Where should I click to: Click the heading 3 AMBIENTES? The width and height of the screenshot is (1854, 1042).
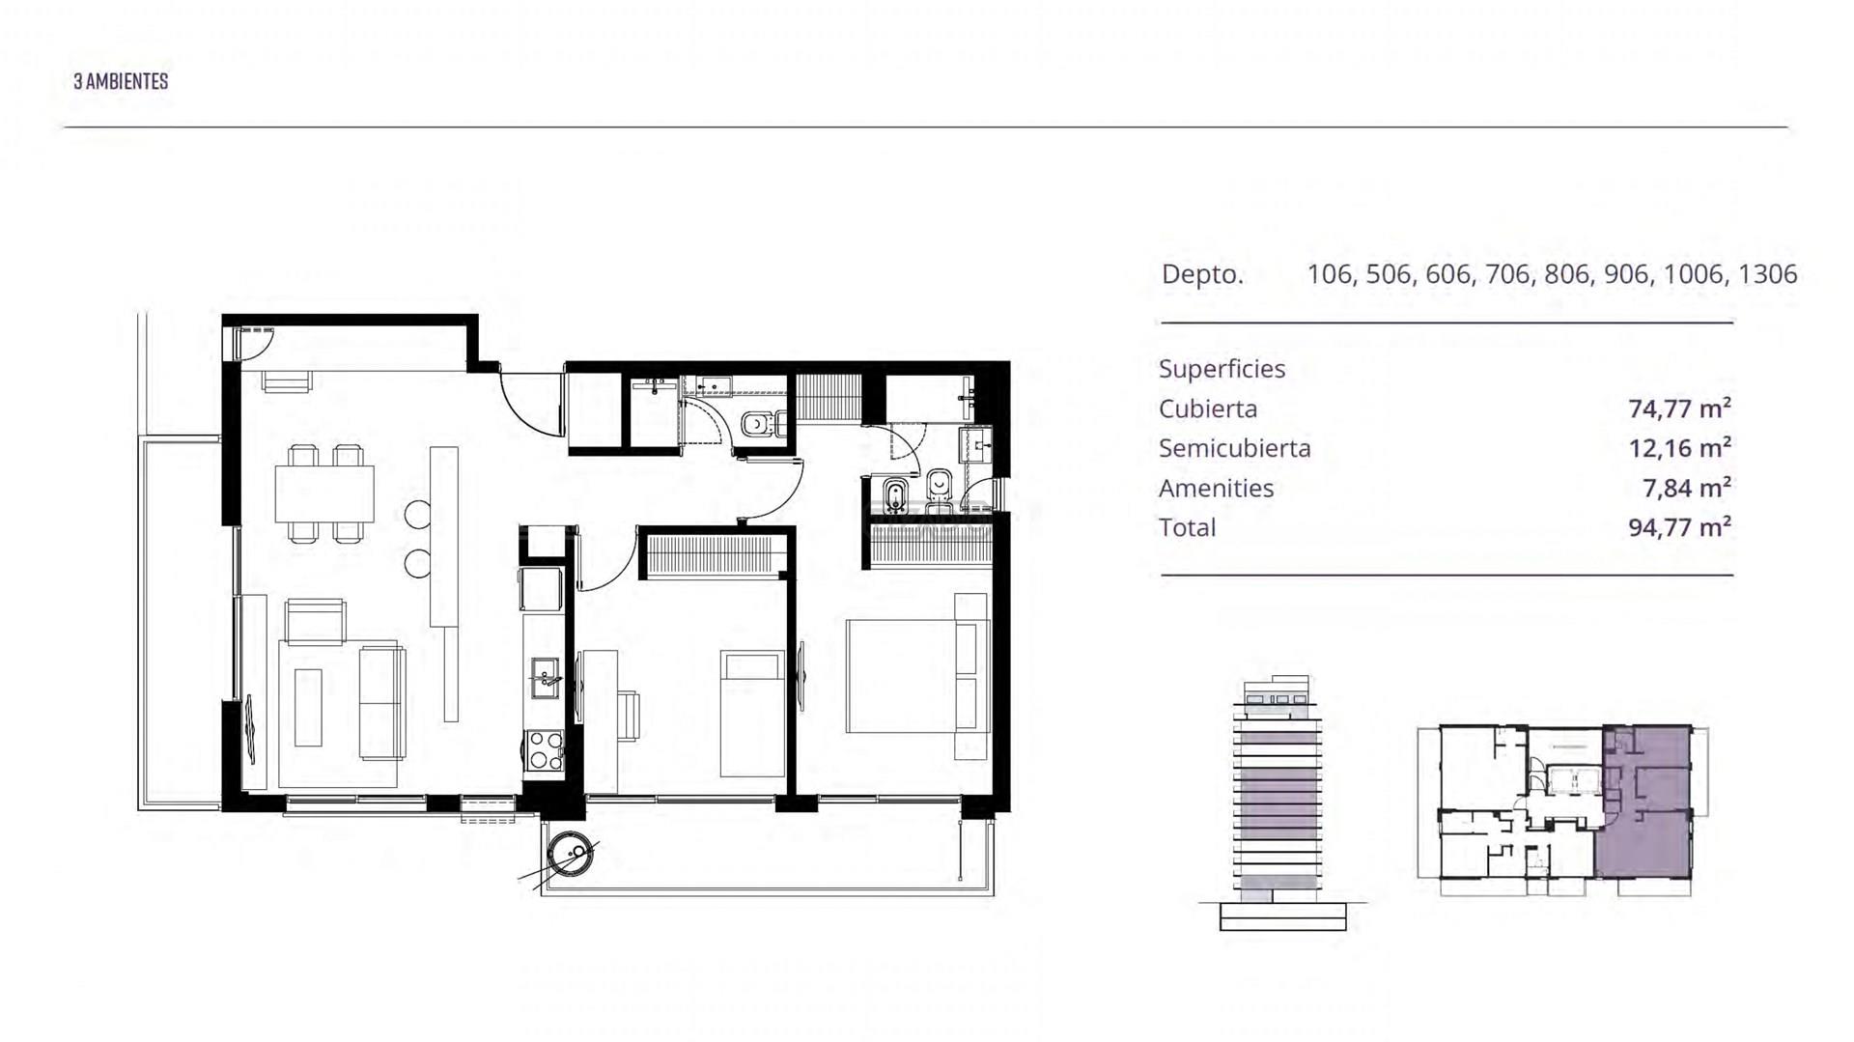click(x=121, y=81)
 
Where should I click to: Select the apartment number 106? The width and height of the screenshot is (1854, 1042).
click(x=1330, y=274)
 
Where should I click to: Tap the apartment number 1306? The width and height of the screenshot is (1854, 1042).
click(x=1767, y=274)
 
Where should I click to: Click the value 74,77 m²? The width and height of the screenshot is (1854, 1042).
click(x=1679, y=408)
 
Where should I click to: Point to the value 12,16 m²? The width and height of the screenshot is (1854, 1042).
click(x=1679, y=448)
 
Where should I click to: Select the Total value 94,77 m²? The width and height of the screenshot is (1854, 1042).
click(x=1679, y=527)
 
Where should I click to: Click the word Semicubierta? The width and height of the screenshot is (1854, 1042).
click(x=1235, y=448)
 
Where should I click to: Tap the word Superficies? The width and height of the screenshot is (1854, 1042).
click(x=1222, y=369)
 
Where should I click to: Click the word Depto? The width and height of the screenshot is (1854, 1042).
click(x=1202, y=274)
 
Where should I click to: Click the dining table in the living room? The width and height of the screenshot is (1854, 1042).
click(x=324, y=493)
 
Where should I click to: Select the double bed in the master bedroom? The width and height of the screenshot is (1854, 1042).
click(x=918, y=676)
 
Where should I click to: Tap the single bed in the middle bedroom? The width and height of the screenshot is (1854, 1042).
click(x=753, y=714)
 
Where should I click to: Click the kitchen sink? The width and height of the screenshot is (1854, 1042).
click(x=545, y=677)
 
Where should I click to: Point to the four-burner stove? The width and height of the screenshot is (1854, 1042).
click(x=545, y=750)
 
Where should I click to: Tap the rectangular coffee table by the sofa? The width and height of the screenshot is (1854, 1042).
click(x=308, y=707)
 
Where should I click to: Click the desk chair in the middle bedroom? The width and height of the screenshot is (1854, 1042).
click(x=626, y=715)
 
